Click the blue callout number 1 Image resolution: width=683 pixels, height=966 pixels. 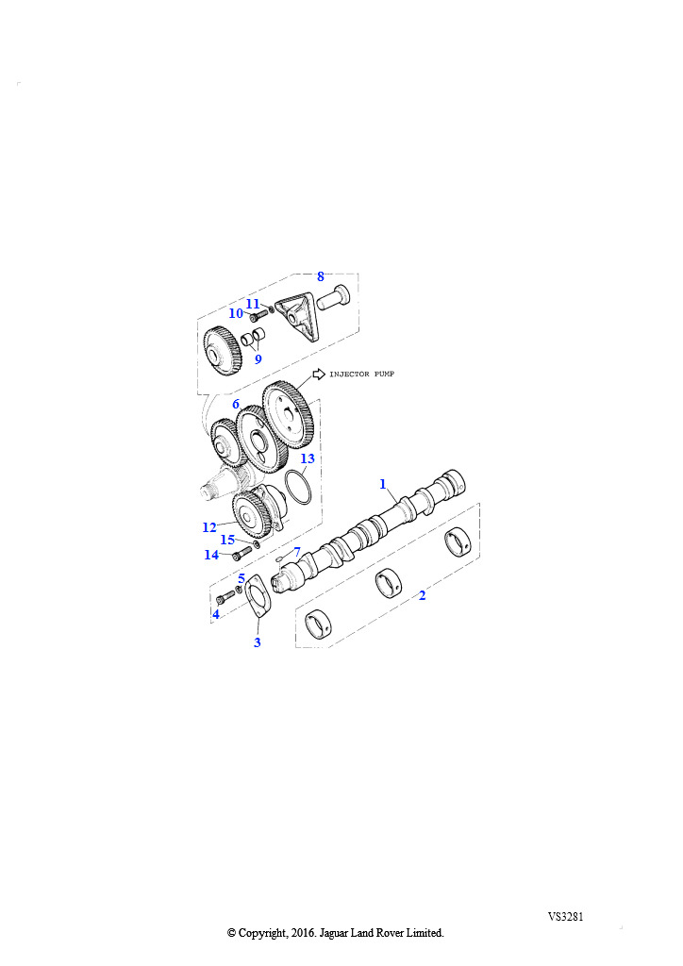coord(382,484)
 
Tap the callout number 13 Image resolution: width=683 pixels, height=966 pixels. coord(308,458)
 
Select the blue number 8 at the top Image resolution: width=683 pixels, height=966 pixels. coord(320,276)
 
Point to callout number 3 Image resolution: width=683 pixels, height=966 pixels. coord(258,641)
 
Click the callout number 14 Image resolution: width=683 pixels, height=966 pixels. coord(211,555)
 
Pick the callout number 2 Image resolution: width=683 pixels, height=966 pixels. coord(422,595)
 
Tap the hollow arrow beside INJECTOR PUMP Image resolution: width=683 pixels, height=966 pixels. coord(319,374)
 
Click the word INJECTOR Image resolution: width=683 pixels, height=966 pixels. coord(349,374)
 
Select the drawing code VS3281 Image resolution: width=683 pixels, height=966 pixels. coord(565,916)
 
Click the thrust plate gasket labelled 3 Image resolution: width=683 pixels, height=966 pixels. coord(257,597)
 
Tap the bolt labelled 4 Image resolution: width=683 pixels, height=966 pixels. coord(225,596)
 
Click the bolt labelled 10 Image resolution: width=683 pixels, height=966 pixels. coord(258,315)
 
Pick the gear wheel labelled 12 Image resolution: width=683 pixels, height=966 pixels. coord(253,515)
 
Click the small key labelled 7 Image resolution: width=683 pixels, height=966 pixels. coord(279,558)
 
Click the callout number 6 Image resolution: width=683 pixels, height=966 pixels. coord(236,404)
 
